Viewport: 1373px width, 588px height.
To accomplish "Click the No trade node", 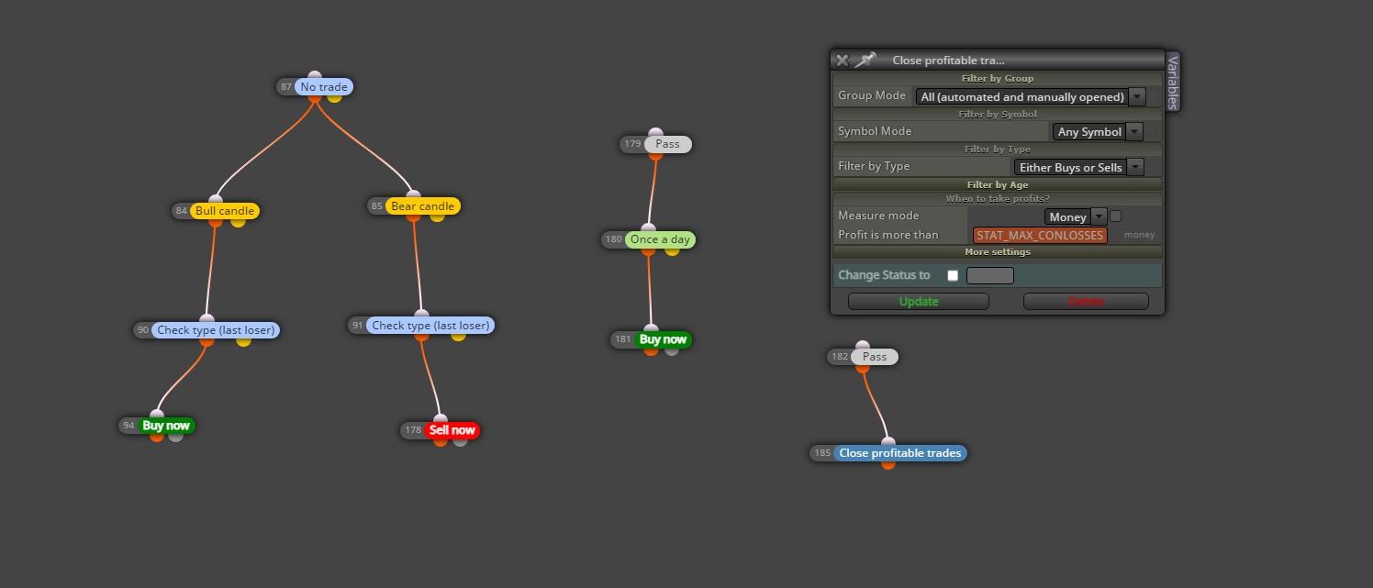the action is pyautogui.click(x=324, y=87).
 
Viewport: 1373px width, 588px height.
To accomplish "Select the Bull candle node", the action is pyautogui.click(x=224, y=211).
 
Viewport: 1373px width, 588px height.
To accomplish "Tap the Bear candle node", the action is pyautogui.click(x=422, y=206).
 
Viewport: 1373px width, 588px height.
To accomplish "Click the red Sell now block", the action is pyautogui.click(x=452, y=430).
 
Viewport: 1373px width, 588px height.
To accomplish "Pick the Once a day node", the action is pyautogui.click(x=660, y=239).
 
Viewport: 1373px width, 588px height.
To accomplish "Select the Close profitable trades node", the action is pyautogui.click(x=899, y=453).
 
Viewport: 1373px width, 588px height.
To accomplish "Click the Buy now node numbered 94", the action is pyautogui.click(x=165, y=426).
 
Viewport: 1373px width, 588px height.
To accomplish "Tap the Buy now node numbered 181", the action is pyautogui.click(x=663, y=339).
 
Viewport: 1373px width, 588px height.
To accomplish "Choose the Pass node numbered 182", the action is pyautogui.click(x=875, y=357).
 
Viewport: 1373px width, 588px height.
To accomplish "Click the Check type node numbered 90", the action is pyautogui.click(x=216, y=330).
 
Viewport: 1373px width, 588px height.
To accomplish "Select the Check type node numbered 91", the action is pyautogui.click(x=430, y=326).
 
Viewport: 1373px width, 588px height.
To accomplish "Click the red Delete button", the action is pyautogui.click(x=1086, y=302).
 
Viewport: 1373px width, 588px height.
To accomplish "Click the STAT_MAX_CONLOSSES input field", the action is pyautogui.click(x=1040, y=235).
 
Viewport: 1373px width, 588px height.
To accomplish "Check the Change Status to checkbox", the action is pyautogui.click(x=953, y=275).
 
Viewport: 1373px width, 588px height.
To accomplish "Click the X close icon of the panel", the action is pyautogui.click(x=843, y=60).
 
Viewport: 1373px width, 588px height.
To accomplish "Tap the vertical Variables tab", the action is pyautogui.click(x=1173, y=82).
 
